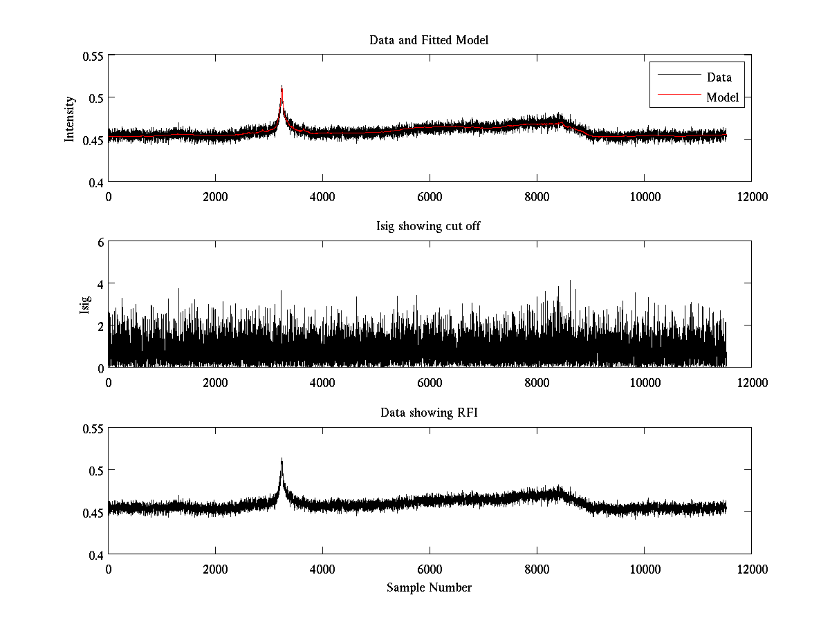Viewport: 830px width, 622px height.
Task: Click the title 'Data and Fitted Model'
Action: point(429,40)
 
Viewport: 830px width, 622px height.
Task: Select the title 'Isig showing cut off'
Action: point(429,227)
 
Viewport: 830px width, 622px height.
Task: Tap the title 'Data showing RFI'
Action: point(429,413)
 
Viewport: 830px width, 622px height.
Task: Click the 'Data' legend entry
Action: point(719,77)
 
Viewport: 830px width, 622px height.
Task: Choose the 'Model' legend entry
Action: point(722,97)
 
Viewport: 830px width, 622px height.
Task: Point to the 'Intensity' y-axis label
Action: point(70,118)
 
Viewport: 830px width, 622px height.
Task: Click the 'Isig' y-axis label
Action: point(85,305)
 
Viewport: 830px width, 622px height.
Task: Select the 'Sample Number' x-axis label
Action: point(429,587)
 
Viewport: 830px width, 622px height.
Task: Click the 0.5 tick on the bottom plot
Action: point(95,470)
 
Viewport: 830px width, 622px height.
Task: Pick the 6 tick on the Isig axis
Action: point(100,242)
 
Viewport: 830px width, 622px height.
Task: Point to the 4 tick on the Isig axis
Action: point(100,284)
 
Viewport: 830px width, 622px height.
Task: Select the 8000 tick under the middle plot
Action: point(537,382)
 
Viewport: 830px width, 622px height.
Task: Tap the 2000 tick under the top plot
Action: point(215,196)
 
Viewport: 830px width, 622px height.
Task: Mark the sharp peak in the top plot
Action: point(282,88)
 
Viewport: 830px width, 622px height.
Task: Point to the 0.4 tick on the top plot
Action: point(95,182)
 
